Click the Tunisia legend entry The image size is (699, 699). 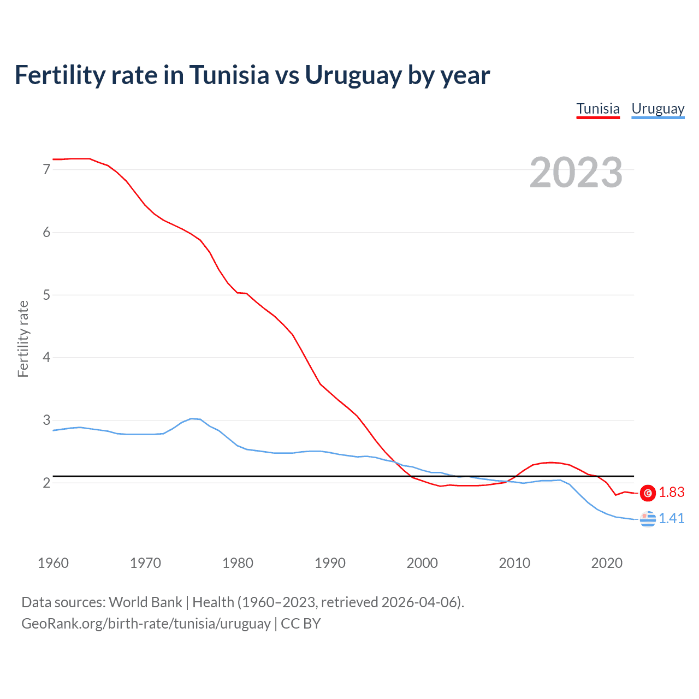[598, 109]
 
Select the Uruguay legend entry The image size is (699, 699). [657, 109]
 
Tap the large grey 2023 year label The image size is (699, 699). [576, 173]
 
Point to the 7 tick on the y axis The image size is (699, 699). [46, 170]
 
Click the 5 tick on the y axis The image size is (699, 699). [46, 295]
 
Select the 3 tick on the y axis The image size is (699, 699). [46, 420]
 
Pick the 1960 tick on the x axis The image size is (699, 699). [53, 563]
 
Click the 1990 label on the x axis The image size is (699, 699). [330, 563]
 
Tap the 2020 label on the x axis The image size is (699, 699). [607, 563]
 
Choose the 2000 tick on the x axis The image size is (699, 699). [422, 563]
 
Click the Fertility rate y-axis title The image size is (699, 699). [23, 339]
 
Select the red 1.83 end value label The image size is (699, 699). [671, 493]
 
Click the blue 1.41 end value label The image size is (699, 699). [671, 518]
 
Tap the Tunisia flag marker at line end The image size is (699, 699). [648, 493]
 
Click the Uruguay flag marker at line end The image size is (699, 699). [648, 519]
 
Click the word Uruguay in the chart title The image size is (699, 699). [353, 75]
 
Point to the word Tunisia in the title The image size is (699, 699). [229, 75]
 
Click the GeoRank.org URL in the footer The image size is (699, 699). [146, 624]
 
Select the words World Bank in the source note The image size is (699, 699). [145, 602]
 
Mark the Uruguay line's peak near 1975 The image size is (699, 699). [191, 418]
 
